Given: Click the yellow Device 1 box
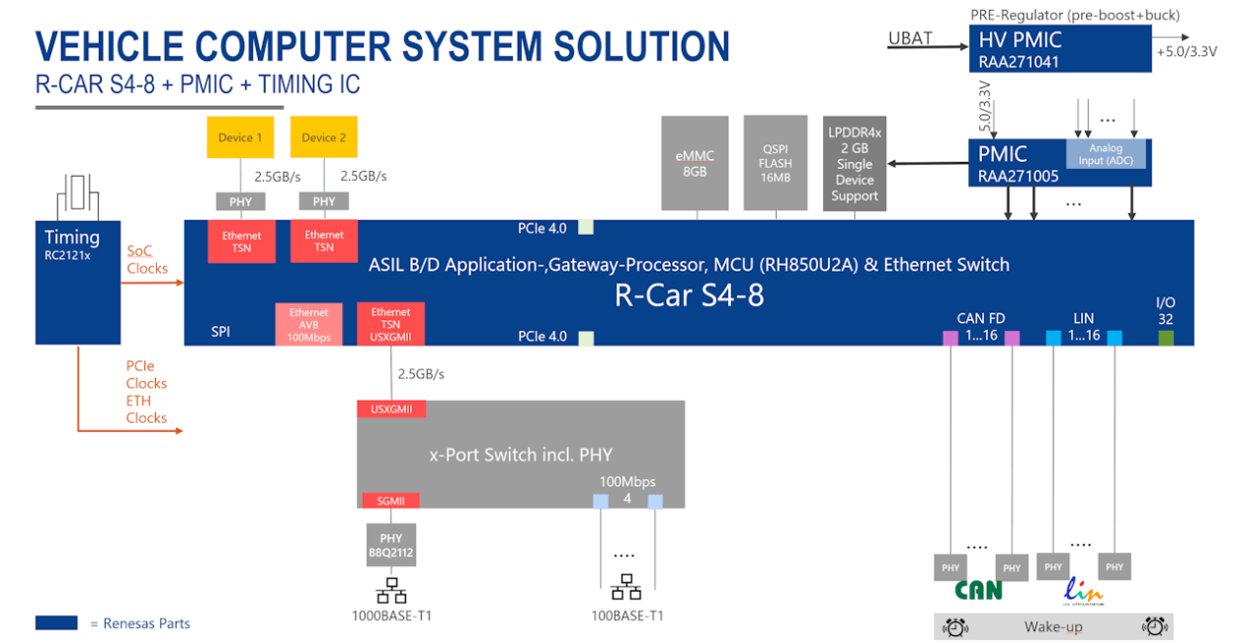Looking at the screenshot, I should [240, 137].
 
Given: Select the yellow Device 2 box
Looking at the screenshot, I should [323, 137].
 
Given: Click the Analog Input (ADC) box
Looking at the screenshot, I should [1106, 154].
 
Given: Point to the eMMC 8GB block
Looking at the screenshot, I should [695, 163].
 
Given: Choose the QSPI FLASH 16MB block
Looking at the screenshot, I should [776, 163].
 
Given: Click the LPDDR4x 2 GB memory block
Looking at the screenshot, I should [854, 163].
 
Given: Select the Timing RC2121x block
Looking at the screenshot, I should [78, 281].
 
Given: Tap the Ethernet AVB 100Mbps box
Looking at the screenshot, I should [308, 325].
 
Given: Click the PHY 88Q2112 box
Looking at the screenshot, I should [391, 545].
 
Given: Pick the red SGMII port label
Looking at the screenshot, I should [391, 500].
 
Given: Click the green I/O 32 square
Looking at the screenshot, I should [1166, 338].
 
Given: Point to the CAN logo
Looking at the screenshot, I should [978, 590].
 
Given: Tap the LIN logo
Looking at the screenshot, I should [1084, 591].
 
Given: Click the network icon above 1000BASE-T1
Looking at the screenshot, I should [391, 591].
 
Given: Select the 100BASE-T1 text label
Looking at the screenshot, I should [626, 616].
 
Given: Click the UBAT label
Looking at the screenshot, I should [910, 39].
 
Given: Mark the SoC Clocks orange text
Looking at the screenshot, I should [146, 260].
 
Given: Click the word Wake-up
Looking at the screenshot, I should [1053, 627].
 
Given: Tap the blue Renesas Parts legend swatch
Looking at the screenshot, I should [56, 623].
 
